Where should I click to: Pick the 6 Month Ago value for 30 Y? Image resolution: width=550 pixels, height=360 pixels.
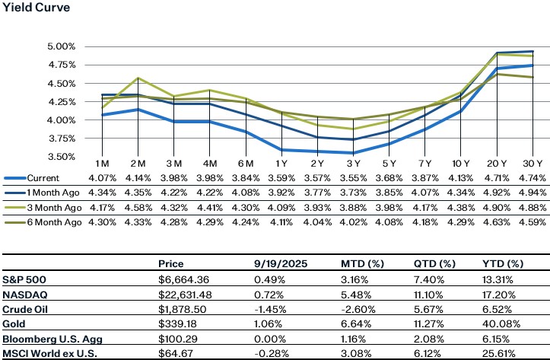[x=531, y=221]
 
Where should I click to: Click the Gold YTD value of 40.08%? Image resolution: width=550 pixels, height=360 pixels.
[x=499, y=323]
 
